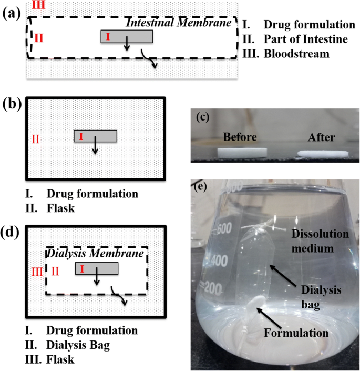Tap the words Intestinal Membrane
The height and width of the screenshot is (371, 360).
coord(179,24)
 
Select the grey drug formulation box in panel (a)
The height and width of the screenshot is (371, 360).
coord(127,36)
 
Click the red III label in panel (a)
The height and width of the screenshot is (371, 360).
coord(38,5)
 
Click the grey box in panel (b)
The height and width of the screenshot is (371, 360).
coord(95,136)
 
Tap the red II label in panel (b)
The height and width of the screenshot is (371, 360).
coord(36,139)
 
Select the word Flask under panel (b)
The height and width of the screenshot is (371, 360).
coord(60,208)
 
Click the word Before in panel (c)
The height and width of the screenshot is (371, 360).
coord(240,137)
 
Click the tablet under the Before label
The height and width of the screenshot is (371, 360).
coord(240,153)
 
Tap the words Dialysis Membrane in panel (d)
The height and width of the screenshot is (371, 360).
coord(96,254)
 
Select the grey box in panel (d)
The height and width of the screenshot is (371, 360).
coord(96,269)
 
